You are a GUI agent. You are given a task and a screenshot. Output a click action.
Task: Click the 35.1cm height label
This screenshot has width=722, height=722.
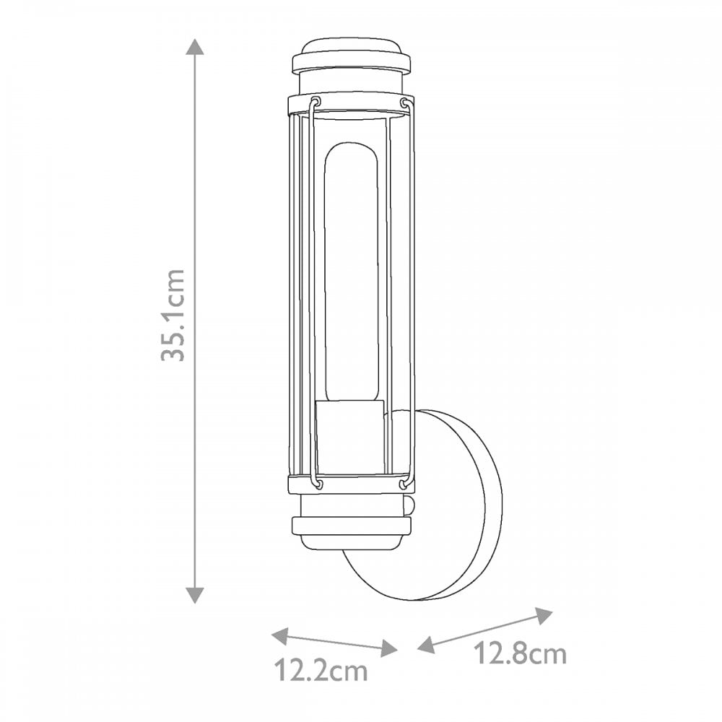coord(173,315)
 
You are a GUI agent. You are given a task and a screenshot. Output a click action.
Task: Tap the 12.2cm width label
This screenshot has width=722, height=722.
coord(321,671)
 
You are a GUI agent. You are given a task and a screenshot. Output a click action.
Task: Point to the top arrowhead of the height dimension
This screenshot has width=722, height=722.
coord(195,47)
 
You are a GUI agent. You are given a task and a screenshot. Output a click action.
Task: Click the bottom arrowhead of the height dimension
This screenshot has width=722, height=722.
coord(195,595)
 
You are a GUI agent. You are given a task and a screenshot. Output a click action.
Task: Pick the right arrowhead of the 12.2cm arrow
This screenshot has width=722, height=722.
coord(389,649)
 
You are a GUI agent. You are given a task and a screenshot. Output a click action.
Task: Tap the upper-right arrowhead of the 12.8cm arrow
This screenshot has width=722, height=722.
coord(544,616)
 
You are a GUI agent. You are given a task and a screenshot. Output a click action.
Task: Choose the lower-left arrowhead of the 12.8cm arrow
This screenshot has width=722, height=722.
coord(426,645)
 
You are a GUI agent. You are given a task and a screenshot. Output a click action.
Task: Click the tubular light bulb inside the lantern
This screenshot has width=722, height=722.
coord(352,271)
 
